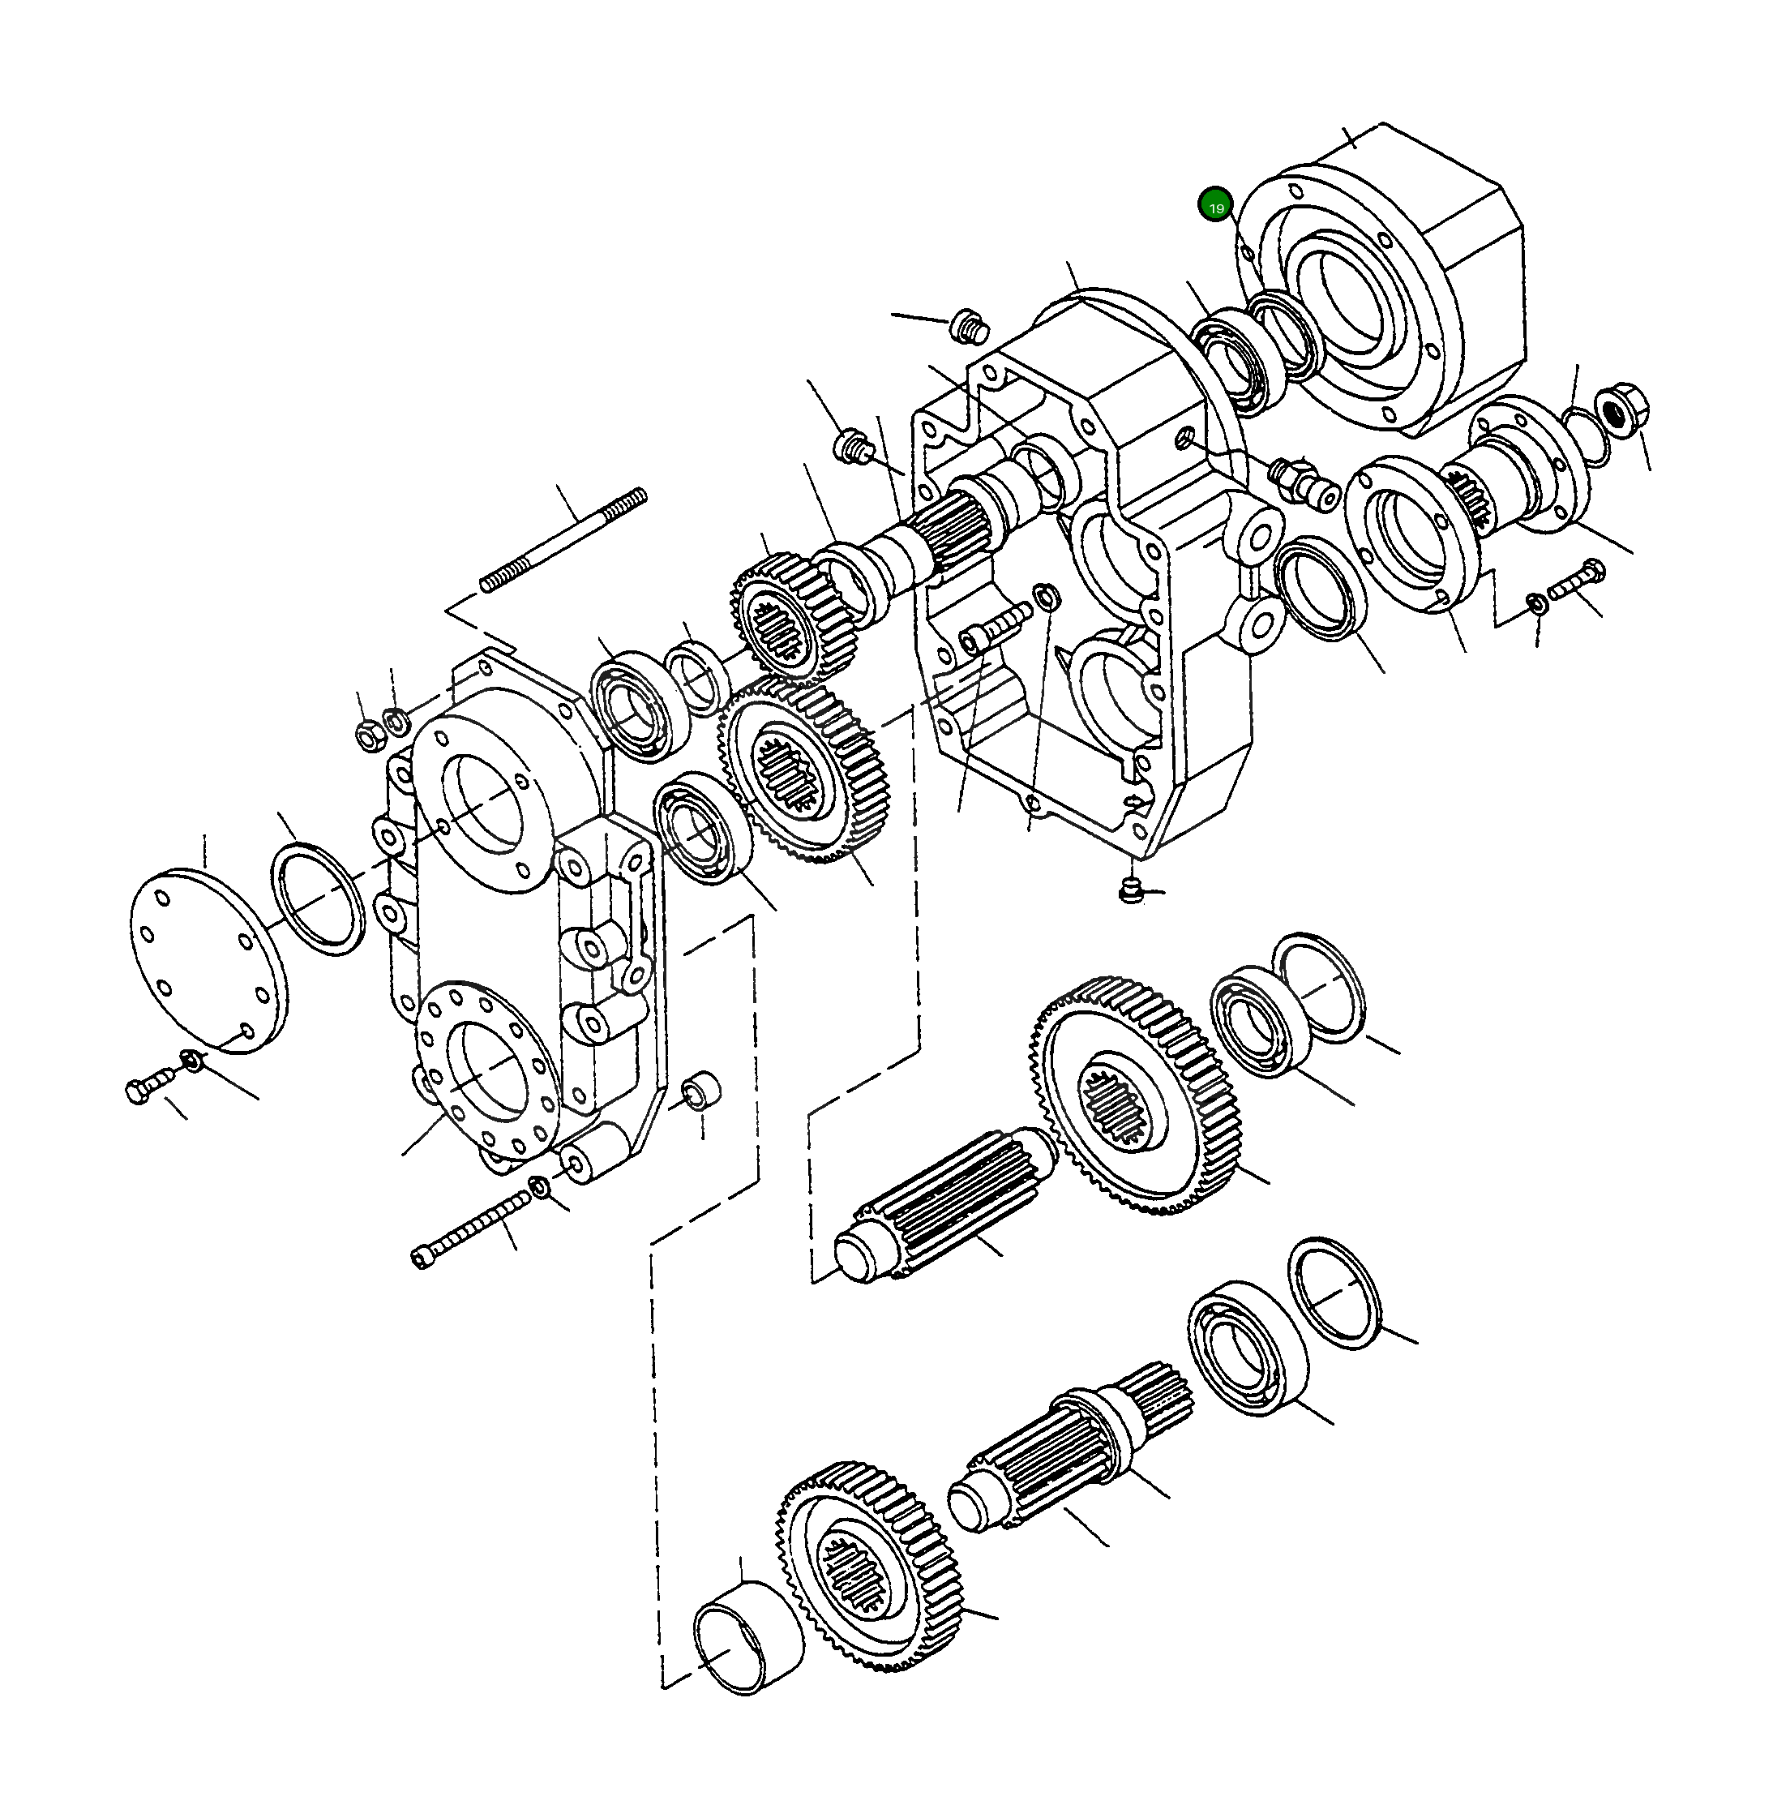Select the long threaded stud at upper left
click(x=563, y=540)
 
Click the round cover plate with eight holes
click(x=208, y=961)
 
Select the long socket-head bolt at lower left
click(x=470, y=1231)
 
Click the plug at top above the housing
click(x=969, y=327)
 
